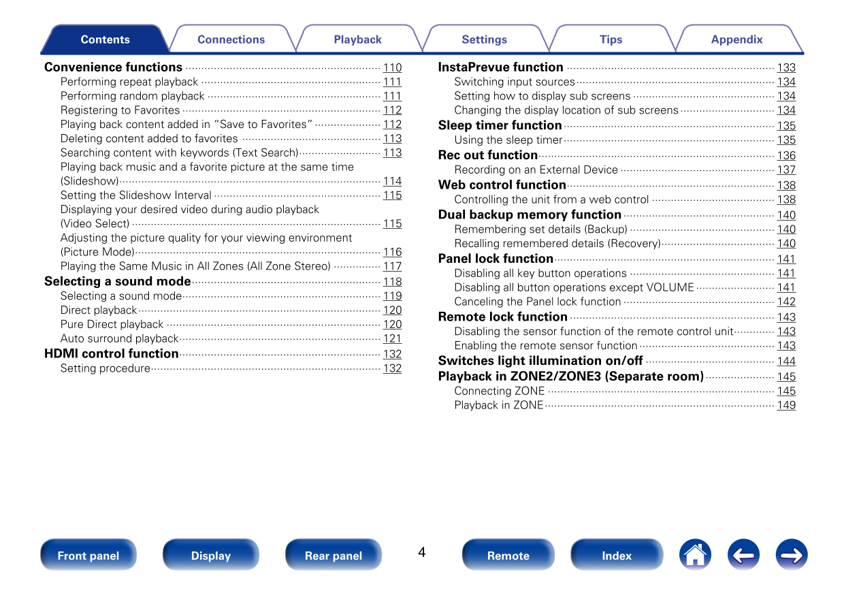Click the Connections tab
(x=231, y=39)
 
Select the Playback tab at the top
(x=357, y=39)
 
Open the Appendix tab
(x=736, y=39)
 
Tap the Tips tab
(x=611, y=39)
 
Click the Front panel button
(x=88, y=556)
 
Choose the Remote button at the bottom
(x=508, y=556)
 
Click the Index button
(x=617, y=556)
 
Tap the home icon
(x=695, y=555)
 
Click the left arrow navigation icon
(x=743, y=555)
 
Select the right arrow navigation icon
(x=792, y=555)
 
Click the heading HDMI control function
(x=112, y=353)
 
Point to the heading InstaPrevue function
(x=501, y=67)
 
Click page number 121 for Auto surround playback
(x=392, y=338)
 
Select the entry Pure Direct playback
(x=112, y=324)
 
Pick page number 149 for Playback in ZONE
(x=786, y=405)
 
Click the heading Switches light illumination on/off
(x=540, y=361)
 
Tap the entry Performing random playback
(x=133, y=96)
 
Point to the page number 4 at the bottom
(x=422, y=552)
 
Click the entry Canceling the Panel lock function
(x=538, y=302)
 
